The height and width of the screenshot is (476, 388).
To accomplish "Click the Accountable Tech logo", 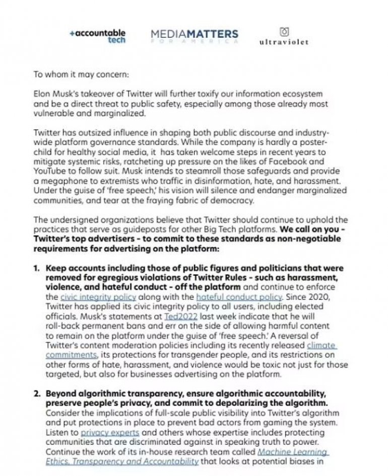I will (x=98, y=36).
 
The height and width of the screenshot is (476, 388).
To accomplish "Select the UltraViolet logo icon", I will (x=285, y=32).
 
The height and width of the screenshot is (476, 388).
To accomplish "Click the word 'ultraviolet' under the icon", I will (x=284, y=42).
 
